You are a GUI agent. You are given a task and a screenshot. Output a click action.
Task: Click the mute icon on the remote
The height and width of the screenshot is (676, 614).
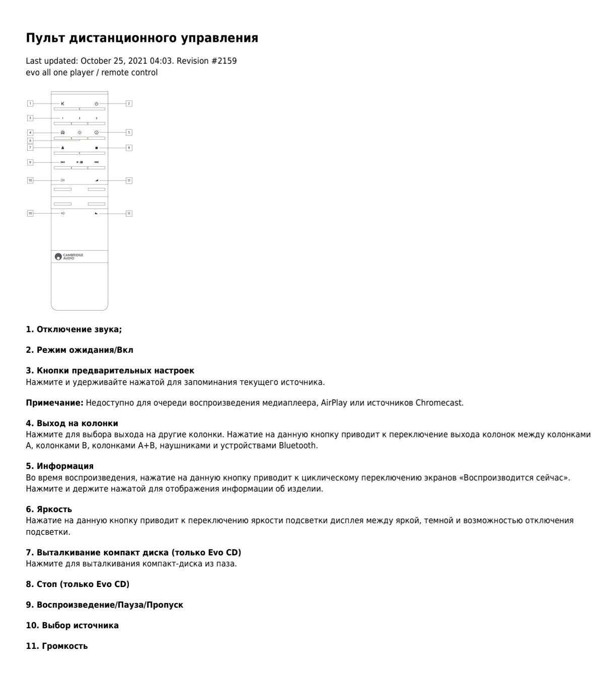tap(63, 104)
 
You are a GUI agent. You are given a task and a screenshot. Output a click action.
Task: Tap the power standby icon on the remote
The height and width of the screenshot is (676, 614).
tap(96, 104)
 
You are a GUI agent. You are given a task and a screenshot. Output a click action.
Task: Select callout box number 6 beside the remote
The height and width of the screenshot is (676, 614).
tap(30, 141)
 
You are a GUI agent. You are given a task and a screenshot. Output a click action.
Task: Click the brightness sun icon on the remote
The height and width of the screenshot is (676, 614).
tap(80, 133)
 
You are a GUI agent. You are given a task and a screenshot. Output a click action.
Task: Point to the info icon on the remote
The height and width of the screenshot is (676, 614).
tap(96, 133)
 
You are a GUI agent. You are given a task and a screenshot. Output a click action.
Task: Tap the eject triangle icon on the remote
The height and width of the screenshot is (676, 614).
tap(63, 148)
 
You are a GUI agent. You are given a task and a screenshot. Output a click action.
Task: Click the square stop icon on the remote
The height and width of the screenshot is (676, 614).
tap(96, 148)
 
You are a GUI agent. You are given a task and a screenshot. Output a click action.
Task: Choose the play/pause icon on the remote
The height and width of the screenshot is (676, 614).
tap(80, 162)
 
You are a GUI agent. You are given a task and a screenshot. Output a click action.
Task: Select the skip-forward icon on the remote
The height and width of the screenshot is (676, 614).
tap(96, 162)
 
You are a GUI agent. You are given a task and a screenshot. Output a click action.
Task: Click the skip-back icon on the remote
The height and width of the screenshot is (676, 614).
tap(63, 162)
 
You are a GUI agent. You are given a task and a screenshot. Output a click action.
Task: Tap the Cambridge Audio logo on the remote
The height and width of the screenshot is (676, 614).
tap(69, 256)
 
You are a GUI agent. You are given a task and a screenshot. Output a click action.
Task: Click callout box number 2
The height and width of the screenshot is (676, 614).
tap(129, 104)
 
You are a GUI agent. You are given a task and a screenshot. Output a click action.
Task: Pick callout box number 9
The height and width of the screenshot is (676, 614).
tap(30, 162)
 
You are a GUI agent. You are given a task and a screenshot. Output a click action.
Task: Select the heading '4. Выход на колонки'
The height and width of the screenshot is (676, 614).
tap(72, 424)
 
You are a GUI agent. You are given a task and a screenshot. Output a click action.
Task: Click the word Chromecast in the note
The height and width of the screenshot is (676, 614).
tap(439, 403)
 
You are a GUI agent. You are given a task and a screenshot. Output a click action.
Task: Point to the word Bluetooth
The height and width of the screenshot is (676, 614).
tap(298, 445)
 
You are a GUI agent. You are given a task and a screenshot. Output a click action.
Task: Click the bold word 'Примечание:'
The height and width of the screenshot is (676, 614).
tap(55, 403)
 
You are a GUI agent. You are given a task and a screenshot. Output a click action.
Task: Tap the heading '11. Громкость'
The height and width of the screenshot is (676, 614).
tap(56, 646)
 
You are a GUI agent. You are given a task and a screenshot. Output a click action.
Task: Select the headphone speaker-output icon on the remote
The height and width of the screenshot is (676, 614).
tap(63, 133)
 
